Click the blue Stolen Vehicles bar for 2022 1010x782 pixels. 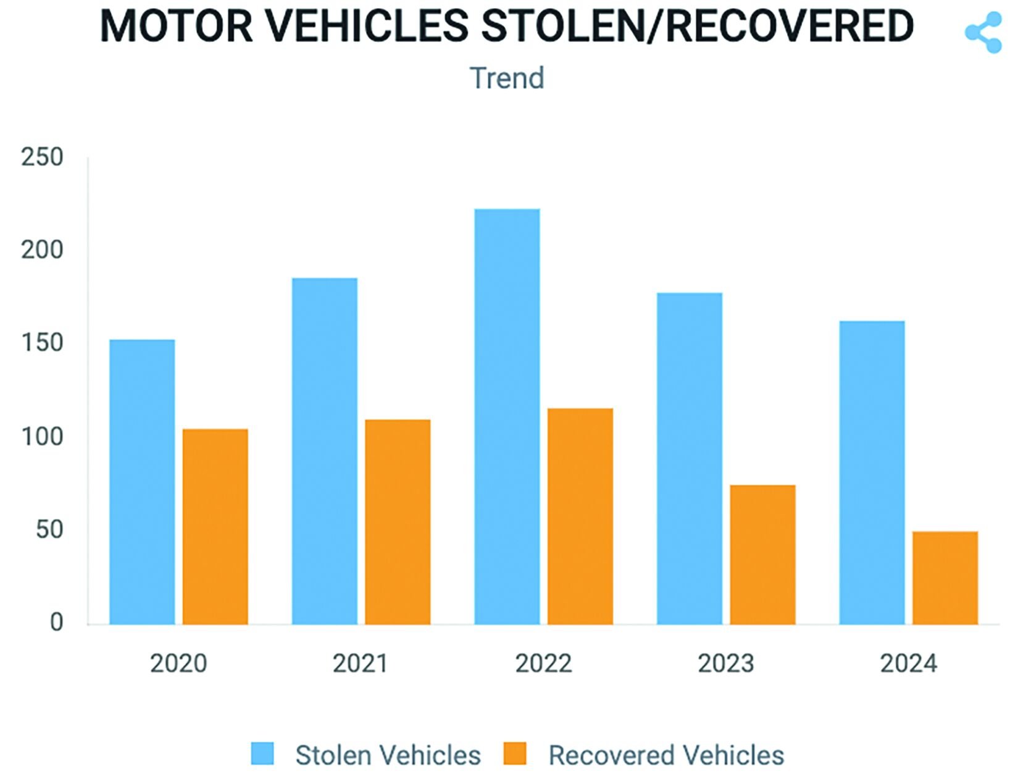click(507, 417)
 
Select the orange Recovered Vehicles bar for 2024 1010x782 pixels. click(945, 578)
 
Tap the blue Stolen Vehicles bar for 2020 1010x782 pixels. click(142, 482)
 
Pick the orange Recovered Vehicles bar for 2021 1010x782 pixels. click(398, 522)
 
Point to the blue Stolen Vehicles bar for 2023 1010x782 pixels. click(689, 458)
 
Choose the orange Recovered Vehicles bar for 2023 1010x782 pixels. click(762, 555)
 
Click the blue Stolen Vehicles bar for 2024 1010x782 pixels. click(872, 473)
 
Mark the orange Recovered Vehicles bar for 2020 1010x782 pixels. click(215, 526)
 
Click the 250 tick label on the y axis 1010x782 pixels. click(42, 158)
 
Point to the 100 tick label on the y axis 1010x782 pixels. click(42, 437)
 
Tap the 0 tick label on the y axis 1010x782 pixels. click(56, 622)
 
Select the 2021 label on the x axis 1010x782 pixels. click(361, 663)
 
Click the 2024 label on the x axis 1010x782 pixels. click(908, 663)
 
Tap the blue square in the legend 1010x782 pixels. click(262, 754)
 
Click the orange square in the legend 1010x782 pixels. click(515, 754)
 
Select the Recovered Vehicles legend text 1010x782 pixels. click(666, 755)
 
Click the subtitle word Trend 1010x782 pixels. click(507, 78)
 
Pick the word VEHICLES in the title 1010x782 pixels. click(369, 27)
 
